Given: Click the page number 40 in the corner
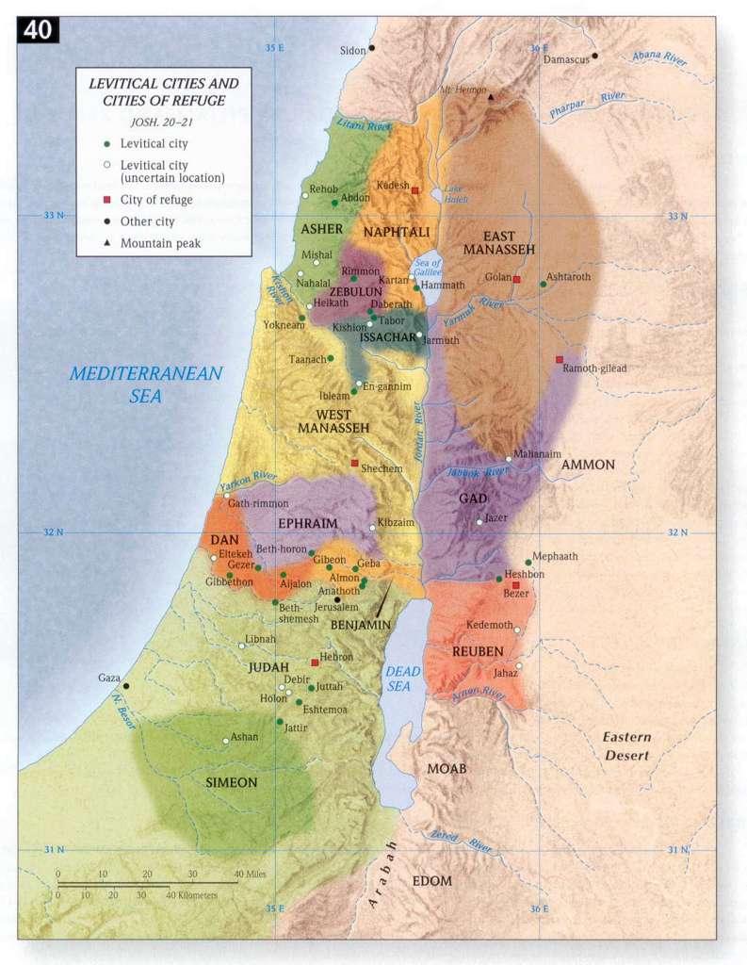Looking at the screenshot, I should pos(38,30).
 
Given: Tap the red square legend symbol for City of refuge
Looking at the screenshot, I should pos(107,200).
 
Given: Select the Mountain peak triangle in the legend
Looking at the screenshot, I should pos(107,243).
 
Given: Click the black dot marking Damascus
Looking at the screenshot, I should pos(595,56).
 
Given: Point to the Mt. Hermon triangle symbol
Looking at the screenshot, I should pos(490,97).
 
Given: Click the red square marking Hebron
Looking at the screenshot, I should pos(316,662).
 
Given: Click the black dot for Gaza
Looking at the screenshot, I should pos(126,685).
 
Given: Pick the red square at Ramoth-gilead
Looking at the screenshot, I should pos(560,359).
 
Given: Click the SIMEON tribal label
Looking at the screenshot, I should pos(232,781).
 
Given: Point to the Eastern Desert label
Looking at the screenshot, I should pos(628,745).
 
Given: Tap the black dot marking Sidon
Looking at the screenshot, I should pos(372,48).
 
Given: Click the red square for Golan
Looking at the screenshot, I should pos(516,280).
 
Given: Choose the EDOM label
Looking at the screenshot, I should pos(432,881).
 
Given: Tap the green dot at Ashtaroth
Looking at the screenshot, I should pos(544,284).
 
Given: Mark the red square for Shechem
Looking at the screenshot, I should pos(355,463).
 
